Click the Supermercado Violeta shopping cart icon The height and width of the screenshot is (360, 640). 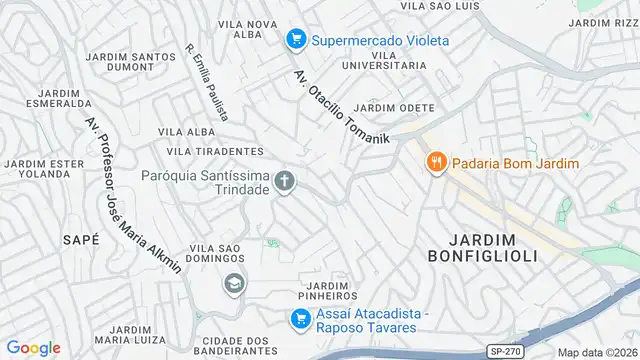tap(295, 40)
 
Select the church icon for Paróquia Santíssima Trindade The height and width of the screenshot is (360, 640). tap(285, 182)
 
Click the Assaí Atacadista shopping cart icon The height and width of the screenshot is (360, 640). tap(299, 320)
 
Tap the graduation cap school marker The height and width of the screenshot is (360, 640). tap(235, 285)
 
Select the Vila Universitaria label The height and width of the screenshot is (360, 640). tap(383, 59)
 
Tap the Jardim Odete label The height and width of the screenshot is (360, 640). tap(394, 108)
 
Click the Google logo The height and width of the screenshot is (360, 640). tap(33, 347)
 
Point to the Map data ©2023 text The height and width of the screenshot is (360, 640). tap(597, 352)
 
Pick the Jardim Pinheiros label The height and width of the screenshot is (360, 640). tap(327, 289)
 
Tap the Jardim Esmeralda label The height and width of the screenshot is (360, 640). tap(47, 96)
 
